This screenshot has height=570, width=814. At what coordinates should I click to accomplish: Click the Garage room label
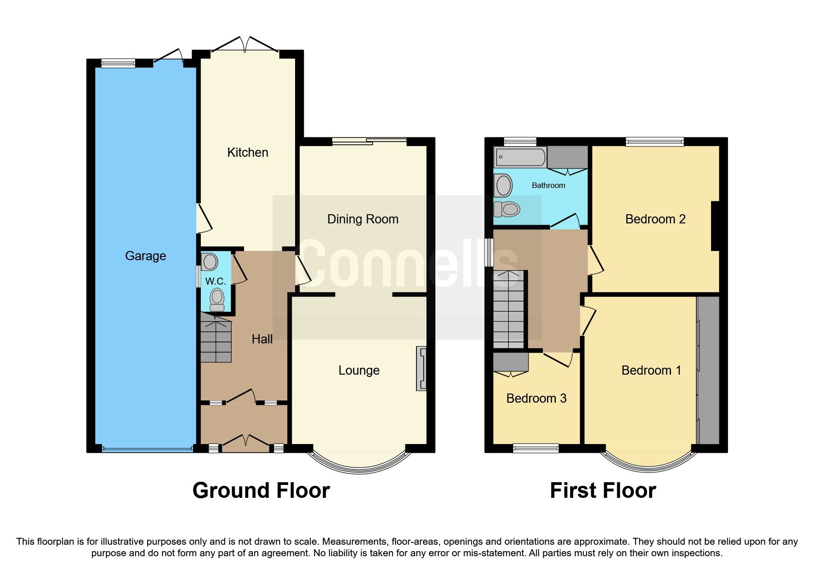click(145, 256)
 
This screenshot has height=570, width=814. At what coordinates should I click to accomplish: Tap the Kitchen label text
click(247, 153)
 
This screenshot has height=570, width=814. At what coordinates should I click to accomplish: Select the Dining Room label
click(363, 219)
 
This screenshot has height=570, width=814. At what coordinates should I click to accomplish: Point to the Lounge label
click(359, 370)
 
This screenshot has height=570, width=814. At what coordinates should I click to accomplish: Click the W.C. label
click(215, 281)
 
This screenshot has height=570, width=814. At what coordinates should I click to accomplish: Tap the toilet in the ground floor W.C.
click(217, 299)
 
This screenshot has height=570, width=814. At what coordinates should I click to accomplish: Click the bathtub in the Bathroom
click(520, 157)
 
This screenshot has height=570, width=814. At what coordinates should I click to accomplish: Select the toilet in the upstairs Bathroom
click(507, 209)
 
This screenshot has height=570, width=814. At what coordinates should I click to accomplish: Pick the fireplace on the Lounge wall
click(421, 369)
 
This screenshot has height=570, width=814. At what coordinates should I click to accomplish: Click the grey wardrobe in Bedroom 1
click(708, 370)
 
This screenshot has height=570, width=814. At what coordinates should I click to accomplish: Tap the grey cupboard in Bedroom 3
click(511, 362)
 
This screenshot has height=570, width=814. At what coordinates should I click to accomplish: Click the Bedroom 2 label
click(655, 219)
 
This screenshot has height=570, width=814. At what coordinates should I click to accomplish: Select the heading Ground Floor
click(261, 490)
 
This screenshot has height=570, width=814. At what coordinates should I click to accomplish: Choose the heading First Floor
click(603, 490)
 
